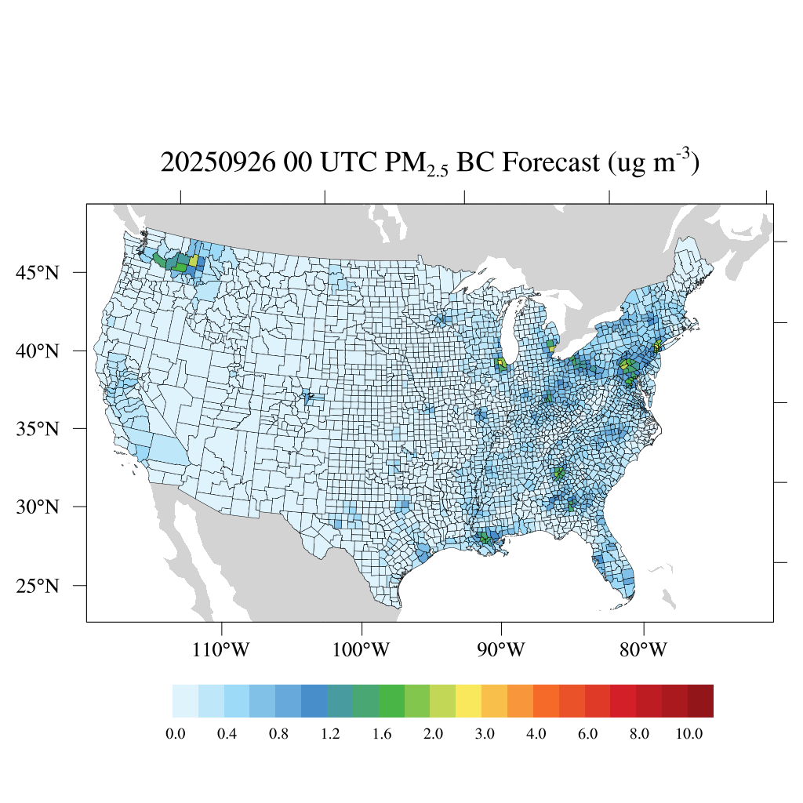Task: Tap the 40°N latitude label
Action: click(x=38, y=351)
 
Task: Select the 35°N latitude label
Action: click(x=38, y=429)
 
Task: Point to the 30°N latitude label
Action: click(x=38, y=507)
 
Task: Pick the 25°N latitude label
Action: click(x=38, y=586)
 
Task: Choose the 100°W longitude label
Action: click(x=362, y=650)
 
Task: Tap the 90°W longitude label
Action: click(x=501, y=650)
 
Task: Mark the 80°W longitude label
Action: click(x=643, y=650)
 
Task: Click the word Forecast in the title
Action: click(x=545, y=162)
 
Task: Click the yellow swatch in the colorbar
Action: click(x=469, y=701)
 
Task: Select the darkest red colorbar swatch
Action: click(x=700, y=701)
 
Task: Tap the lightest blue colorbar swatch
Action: click(x=185, y=701)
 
